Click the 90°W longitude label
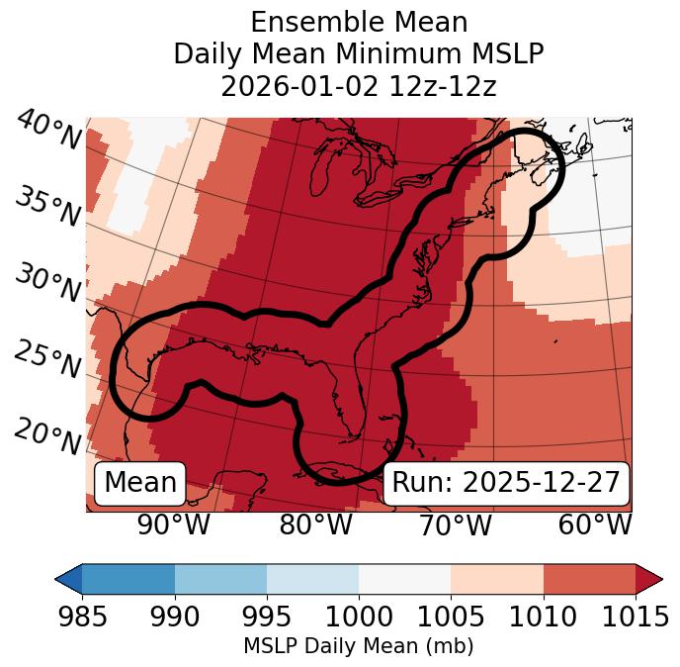click(173, 525)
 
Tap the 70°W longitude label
click(455, 525)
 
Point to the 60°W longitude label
click(595, 525)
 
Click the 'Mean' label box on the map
click(140, 483)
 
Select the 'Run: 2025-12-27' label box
click(506, 483)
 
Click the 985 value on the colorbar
click(83, 618)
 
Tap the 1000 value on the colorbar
click(359, 618)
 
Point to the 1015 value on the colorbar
click(635, 618)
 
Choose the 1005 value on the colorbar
click(451, 618)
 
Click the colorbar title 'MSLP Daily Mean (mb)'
click(359, 647)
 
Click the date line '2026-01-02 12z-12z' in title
click(359, 86)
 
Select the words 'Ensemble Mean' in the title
click(359, 23)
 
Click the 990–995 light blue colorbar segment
click(220, 578)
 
